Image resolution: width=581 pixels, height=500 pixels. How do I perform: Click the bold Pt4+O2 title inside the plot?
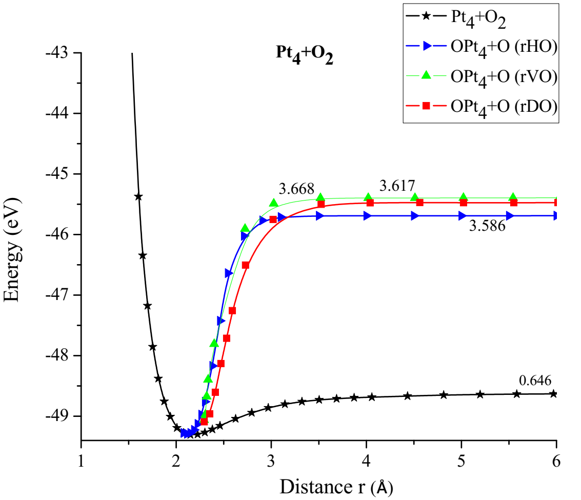pyautogui.click(x=302, y=54)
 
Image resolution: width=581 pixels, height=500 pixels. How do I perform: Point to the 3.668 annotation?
pyautogui.click(x=296, y=188)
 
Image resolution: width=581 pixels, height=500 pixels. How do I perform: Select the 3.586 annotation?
pyautogui.click(x=487, y=226)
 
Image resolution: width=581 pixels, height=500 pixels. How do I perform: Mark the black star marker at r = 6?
pyautogui.click(x=553, y=394)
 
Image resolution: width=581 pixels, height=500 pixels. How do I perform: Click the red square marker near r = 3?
pyautogui.click(x=273, y=219)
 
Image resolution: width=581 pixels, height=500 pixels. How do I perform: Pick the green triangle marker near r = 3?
pyautogui.click(x=273, y=203)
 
